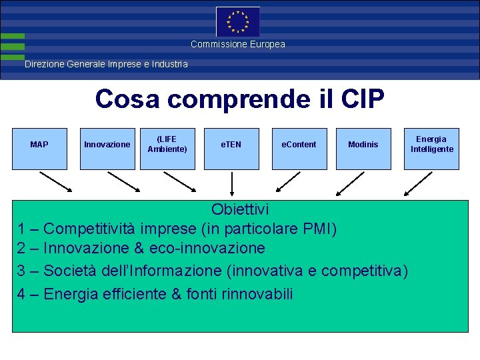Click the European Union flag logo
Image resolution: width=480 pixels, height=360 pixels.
point(237,21)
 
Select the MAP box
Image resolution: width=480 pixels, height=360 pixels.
point(39,145)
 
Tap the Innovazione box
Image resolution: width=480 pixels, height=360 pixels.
point(107,145)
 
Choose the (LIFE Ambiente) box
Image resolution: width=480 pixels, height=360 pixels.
point(167,145)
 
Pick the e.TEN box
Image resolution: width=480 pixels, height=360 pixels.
point(231,145)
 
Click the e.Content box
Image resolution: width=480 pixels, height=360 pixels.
point(299,145)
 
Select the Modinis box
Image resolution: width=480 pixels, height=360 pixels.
point(363,145)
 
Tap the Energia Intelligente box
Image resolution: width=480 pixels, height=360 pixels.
point(431,145)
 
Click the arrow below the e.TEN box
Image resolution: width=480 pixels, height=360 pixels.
point(232,185)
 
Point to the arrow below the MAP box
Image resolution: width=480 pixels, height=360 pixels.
point(56,182)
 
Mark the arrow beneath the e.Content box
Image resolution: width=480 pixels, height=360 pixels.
point(288,182)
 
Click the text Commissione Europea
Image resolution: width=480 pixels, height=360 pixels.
point(237,44)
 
